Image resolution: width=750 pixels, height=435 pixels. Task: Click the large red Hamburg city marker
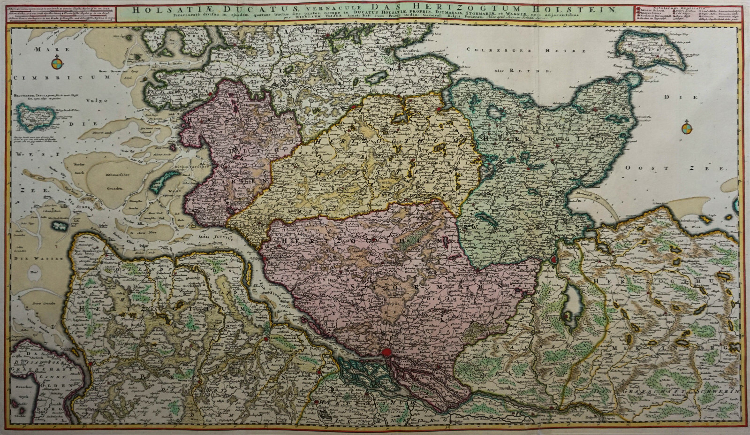click(386, 352)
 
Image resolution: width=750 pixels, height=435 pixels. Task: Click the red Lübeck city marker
click(554, 259)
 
